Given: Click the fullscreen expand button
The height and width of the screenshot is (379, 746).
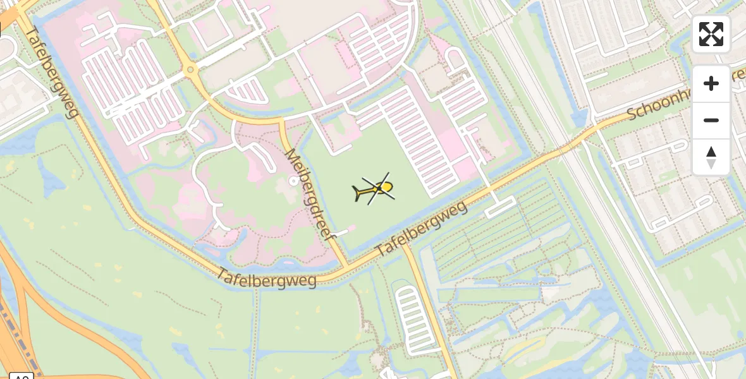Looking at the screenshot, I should (711, 34).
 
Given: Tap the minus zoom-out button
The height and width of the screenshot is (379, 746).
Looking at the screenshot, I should (711, 120).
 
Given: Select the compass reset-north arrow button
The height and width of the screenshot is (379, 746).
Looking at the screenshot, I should (711, 157).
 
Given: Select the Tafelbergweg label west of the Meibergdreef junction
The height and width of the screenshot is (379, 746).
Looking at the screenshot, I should (266, 277).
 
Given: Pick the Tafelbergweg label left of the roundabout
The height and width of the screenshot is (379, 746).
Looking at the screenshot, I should (54, 73).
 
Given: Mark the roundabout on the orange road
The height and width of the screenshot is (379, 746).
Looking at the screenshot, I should (190, 69).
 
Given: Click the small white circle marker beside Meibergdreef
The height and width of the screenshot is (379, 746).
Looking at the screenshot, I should (293, 181).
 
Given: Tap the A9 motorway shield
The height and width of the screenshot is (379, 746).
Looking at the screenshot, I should (21, 376).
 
